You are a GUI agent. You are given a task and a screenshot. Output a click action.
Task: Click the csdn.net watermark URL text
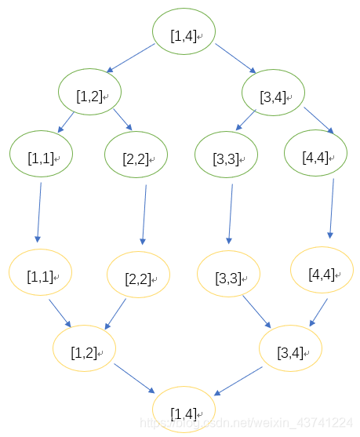coord(246,423)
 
